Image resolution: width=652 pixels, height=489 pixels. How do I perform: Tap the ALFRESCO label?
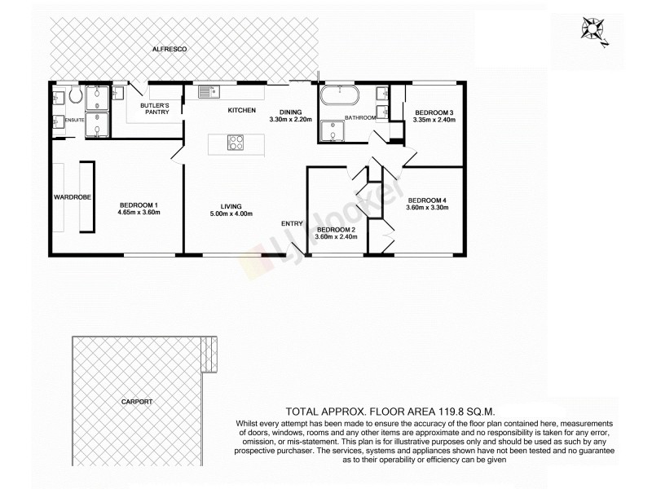(170, 50)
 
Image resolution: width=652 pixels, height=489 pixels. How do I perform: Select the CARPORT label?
(136, 402)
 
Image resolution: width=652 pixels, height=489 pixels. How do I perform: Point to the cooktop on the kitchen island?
(236, 143)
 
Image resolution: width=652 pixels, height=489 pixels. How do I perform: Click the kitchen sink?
(204, 92)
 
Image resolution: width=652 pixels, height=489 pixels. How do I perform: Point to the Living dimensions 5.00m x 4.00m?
(231, 214)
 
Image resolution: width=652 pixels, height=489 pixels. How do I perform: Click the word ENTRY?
(292, 224)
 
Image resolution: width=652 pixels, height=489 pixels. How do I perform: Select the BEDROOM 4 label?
(427, 200)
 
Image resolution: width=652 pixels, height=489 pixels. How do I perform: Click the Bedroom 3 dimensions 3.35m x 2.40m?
(434, 120)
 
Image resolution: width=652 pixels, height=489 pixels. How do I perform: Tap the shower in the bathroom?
(334, 131)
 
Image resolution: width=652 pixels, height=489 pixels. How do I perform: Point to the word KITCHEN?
(241, 110)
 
